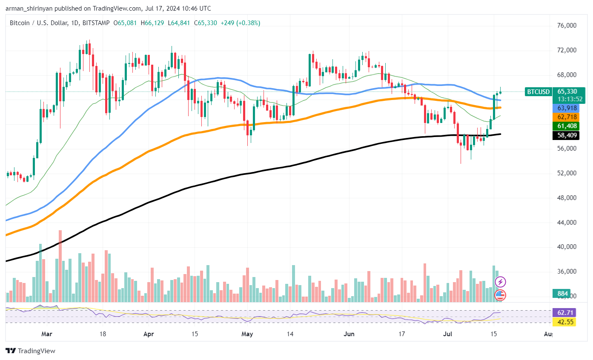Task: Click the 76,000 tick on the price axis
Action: [x=567, y=26]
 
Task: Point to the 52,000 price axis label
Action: [x=567, y=173]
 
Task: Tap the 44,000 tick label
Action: [x=567, y=223]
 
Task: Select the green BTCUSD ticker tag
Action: [x=539, y=91]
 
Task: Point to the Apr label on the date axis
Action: [x=149, y=334]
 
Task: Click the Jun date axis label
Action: [x=349, y=334]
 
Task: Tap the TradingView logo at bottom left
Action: [x=30, y=351]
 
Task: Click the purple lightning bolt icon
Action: [x=501, y=282]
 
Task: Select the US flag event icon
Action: [x=500, y=294]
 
